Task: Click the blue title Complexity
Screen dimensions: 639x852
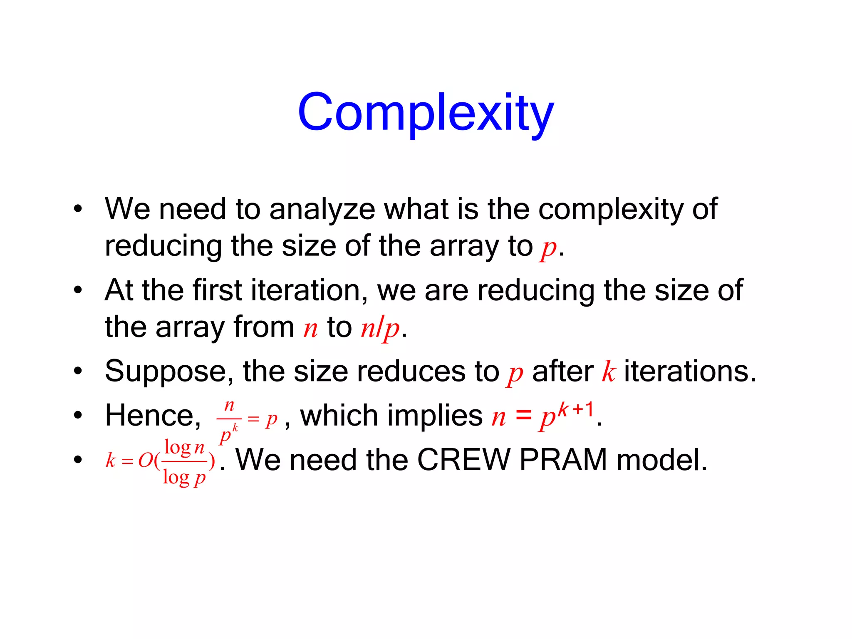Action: pos(426,112)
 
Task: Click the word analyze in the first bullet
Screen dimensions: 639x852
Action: pos(322,209)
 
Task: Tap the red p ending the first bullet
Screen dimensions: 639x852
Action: pos(548,248)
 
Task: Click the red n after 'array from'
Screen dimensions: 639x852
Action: pos(310,329)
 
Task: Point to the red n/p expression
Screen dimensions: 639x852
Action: pos(380,329)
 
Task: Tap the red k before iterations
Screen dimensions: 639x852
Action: pos(609,372)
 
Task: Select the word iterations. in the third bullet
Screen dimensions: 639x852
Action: pos(690,372)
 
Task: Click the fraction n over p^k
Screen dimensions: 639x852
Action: pos(229,420)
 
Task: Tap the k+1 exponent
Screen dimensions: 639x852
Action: pos(576,410)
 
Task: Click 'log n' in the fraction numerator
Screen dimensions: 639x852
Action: pos(184,448)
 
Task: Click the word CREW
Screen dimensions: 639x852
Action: pos(463,460)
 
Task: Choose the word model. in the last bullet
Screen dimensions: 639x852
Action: pos(661,460)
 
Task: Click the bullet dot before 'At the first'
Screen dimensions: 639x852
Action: pos(78,290)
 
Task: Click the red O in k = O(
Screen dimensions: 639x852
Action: pos(146,461)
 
